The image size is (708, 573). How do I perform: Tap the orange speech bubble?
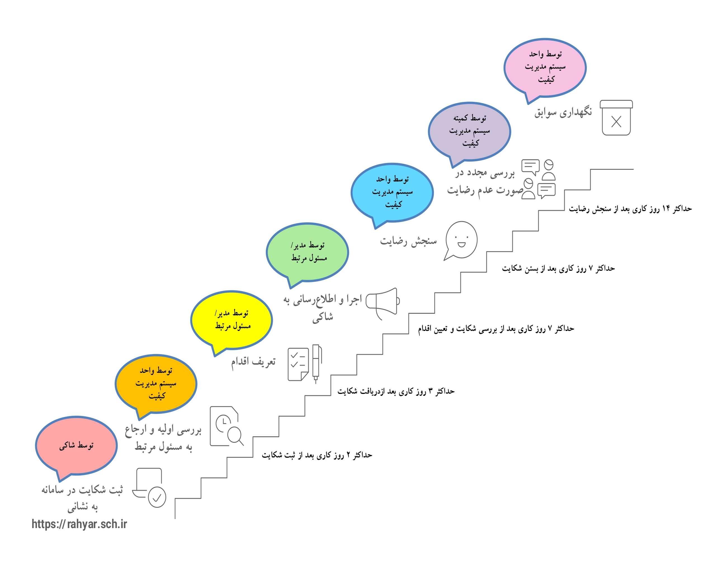[x=156, y=383]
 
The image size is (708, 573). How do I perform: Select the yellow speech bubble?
[x=232, y=320]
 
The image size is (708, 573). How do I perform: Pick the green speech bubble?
[x=308, y=252]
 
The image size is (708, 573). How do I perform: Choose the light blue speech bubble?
[x=392, y=192]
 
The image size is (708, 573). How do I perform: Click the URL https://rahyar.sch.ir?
[x=79, y=524]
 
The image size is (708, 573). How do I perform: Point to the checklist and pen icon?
[x=305, y=363]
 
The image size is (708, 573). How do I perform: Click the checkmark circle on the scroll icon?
[x=157, y=497]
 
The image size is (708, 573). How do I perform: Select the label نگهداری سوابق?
[x=563, y=112]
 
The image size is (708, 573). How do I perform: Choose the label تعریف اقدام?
[x=253, y=362]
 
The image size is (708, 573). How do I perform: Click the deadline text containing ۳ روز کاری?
[x=396, y=391]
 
